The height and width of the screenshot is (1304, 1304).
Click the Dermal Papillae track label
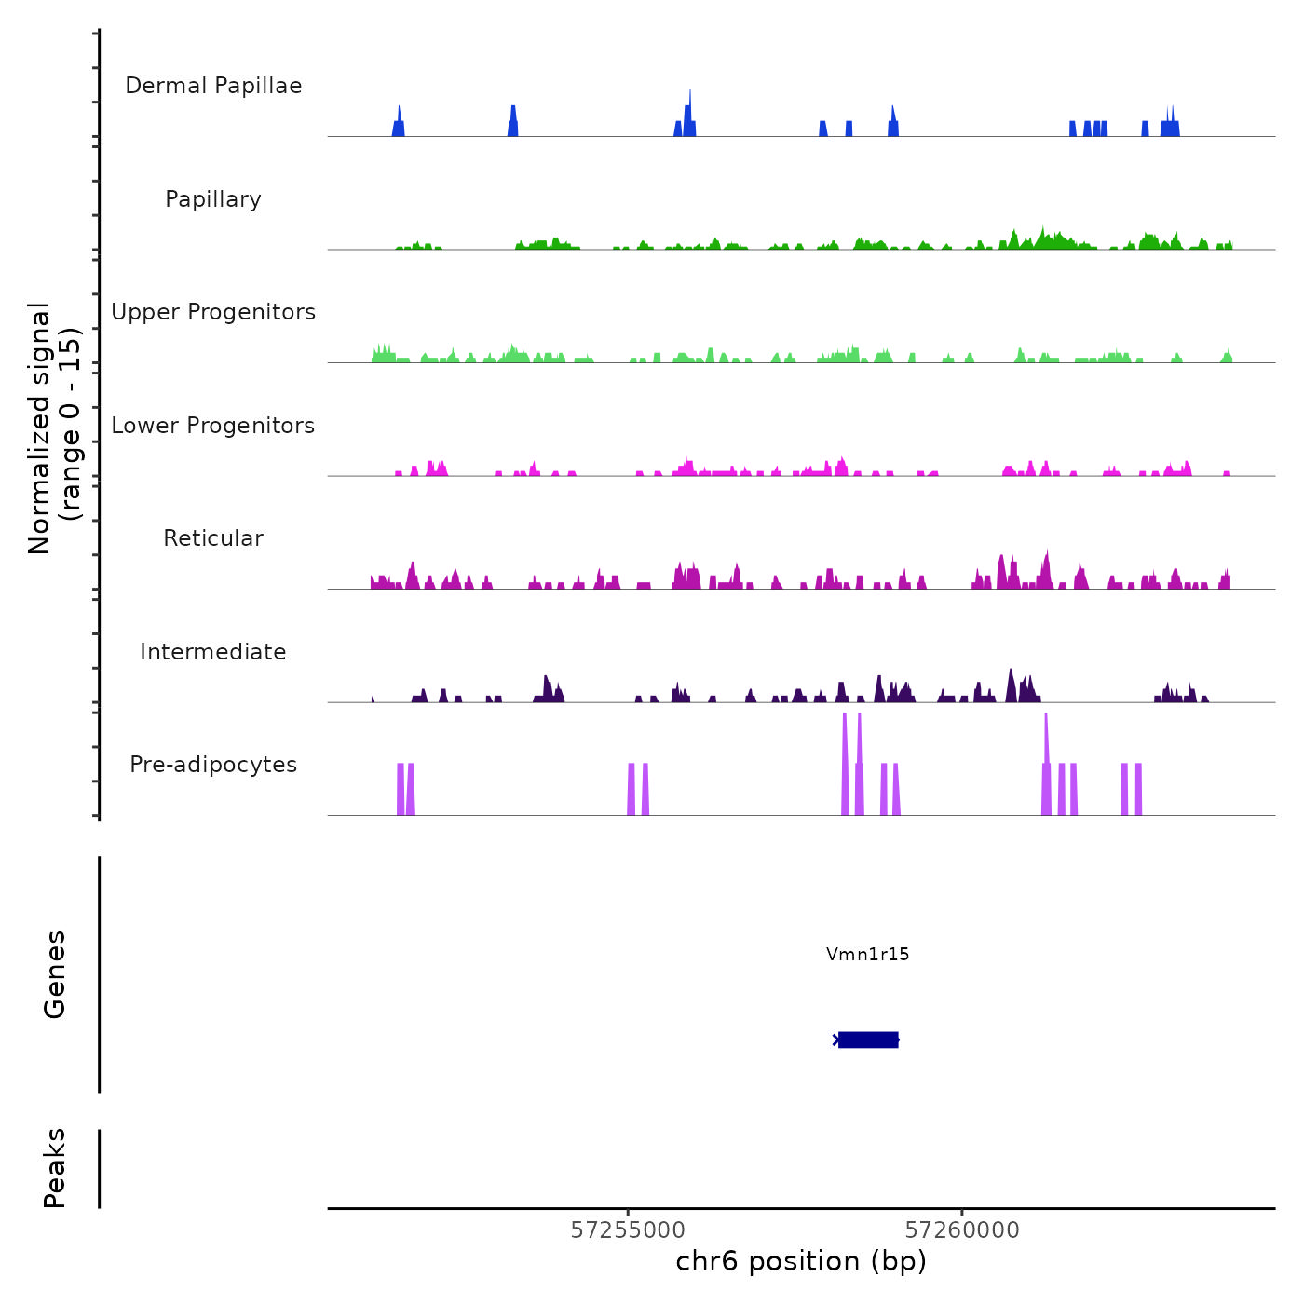[x=213, y=86]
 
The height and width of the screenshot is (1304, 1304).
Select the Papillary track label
[x=213, y=199]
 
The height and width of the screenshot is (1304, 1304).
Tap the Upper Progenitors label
[x=213, y=312]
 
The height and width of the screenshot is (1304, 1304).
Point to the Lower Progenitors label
[x=213, y=426]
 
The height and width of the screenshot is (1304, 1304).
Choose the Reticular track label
[x=213, y=538]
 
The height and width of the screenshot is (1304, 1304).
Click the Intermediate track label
[x=213, y=652]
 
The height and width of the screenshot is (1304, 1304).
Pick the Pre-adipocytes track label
[x=213, y=765]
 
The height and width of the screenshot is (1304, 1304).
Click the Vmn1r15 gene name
[x=867, y=954]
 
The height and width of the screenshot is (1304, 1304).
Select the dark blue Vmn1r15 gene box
[x=868, y=1039]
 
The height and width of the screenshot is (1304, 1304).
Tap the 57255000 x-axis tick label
[x=628, y=1230]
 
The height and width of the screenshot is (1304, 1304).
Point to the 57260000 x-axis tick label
[x=962, y=1230]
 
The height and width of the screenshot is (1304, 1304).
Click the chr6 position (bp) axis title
[x=801, y=1262]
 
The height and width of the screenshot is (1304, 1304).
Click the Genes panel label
[x=55, y=974]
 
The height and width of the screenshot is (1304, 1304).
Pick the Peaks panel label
[x=55, y=1168]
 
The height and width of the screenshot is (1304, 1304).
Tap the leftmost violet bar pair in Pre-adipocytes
[x=405, y=790]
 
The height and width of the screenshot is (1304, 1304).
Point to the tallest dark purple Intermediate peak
[x=1011, y=686]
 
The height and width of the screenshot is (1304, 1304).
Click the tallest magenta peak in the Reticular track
[x=1047, y=568]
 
